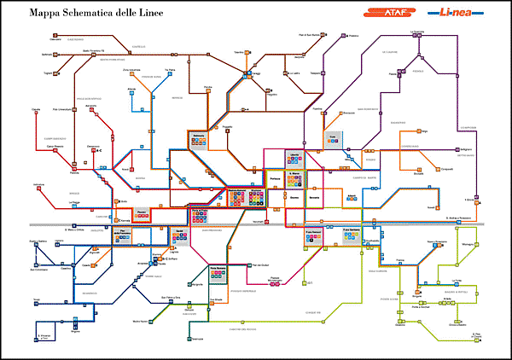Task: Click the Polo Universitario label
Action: pyautogui.click(x=63, y=108)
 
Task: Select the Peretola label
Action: pyautogui.click(x=74, y=161)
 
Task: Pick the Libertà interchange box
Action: pyautogui.click(x=294, y=154)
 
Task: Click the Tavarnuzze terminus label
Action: pyautogui.click(x=198, y=340)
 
